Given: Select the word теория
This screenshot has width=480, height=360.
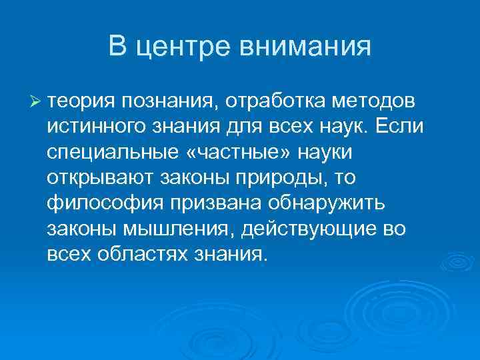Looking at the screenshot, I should point(81,101).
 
